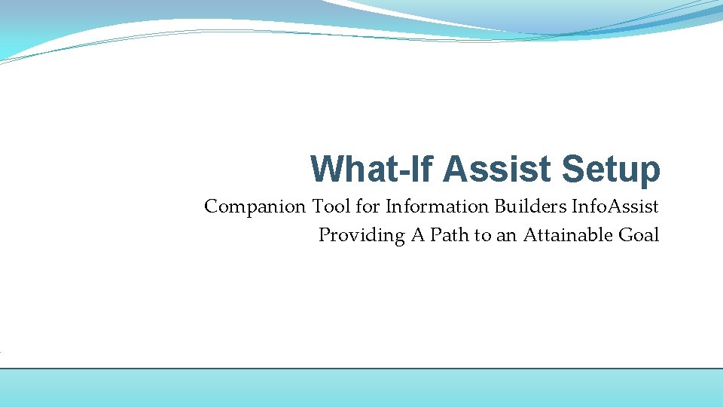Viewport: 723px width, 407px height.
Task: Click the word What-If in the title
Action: point(374,170)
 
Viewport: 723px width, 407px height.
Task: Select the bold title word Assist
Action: point(498,170)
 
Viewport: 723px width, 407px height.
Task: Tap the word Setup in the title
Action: point(611,170)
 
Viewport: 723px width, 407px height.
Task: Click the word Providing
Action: point(361,235)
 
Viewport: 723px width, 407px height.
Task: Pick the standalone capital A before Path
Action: point(417,235)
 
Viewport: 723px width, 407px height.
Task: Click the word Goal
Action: point(639,235)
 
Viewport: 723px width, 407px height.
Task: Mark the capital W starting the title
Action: point(325,170)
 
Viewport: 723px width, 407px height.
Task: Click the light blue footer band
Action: point(361,388)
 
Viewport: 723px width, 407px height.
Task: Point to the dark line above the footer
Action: point(361,369)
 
